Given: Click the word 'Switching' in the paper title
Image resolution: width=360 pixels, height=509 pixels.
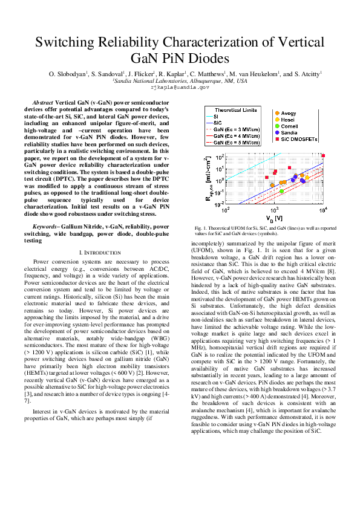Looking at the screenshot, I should point(66,42).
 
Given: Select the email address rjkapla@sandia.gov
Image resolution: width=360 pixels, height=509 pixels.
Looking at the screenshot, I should point(180,88).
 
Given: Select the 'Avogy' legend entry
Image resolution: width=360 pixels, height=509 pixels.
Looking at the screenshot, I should point(289,113).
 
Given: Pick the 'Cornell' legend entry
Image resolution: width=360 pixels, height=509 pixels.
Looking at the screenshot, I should point(290,126).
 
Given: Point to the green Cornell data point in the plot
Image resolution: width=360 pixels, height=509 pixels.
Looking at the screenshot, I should point(281,191).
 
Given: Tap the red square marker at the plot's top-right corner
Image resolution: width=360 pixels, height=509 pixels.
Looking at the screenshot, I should point(324,156).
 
